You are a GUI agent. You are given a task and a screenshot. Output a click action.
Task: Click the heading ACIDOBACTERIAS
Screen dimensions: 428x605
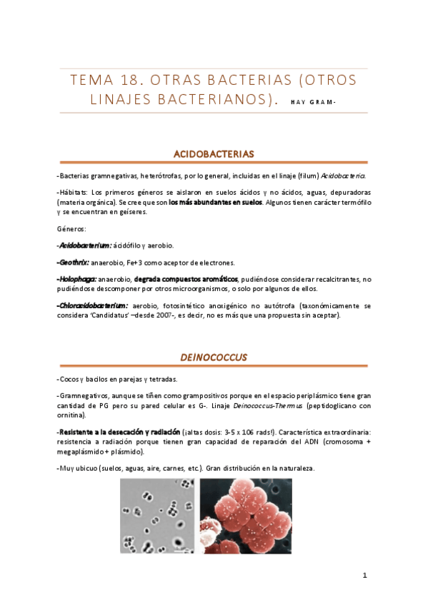point(214,153)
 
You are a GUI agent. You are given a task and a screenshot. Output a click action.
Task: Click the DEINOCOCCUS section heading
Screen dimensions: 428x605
point(214,357)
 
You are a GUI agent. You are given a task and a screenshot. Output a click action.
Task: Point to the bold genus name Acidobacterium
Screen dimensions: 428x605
point(85,245)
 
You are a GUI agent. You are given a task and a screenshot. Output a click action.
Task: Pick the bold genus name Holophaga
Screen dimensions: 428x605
point(77,279)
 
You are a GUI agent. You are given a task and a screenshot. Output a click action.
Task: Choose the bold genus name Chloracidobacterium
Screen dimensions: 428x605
point(94,305)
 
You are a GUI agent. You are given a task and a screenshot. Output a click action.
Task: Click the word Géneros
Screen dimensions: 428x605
point(70,229)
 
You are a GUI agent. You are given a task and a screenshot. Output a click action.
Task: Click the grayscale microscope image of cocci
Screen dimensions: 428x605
point(157,515)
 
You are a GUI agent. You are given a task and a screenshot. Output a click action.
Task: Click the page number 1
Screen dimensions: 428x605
point(364,576)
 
